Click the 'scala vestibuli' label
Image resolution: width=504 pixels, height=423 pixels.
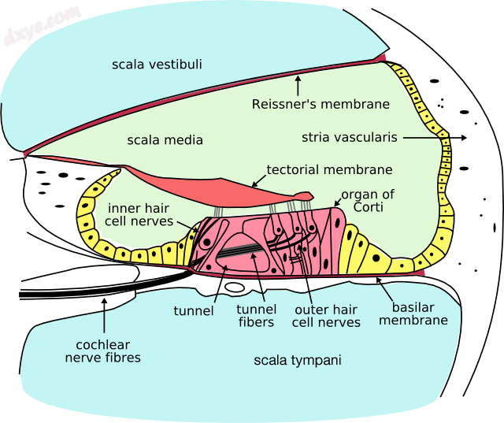point(158,64)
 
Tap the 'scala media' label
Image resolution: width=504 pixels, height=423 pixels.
point(165,140)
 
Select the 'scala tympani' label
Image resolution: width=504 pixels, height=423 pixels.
point(298,361)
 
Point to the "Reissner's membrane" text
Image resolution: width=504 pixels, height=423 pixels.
point(321,104)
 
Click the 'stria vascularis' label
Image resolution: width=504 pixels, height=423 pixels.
point(349,138)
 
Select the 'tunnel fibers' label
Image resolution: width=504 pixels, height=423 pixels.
point(256,316)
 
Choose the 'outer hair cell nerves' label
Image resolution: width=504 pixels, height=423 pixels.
point(326,316)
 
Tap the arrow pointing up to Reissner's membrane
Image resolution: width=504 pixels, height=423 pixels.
point(298,85)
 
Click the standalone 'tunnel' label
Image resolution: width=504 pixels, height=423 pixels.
point(194,310)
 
